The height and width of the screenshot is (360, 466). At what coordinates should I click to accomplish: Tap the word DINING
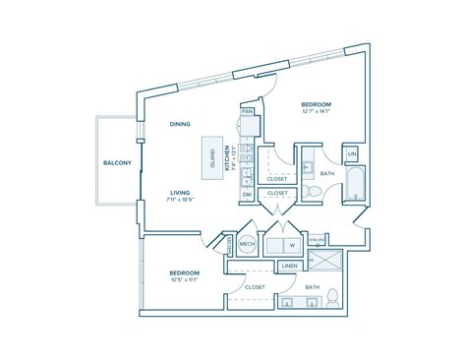179,125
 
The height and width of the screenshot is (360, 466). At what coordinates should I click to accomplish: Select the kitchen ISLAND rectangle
210,155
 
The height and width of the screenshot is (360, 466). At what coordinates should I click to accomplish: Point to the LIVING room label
180,194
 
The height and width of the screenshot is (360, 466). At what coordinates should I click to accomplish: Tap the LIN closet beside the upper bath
351,154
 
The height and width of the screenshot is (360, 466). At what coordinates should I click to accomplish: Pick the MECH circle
248,245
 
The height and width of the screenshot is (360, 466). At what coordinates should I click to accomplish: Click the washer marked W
291,246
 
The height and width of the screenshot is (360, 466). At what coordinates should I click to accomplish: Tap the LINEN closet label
289,267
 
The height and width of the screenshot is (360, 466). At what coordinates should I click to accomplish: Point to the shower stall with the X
323,261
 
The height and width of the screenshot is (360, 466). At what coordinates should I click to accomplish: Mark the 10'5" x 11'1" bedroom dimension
184,280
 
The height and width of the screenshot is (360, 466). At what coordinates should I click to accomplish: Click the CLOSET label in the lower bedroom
256,287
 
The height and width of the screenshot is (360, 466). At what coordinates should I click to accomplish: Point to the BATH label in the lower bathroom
312,287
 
